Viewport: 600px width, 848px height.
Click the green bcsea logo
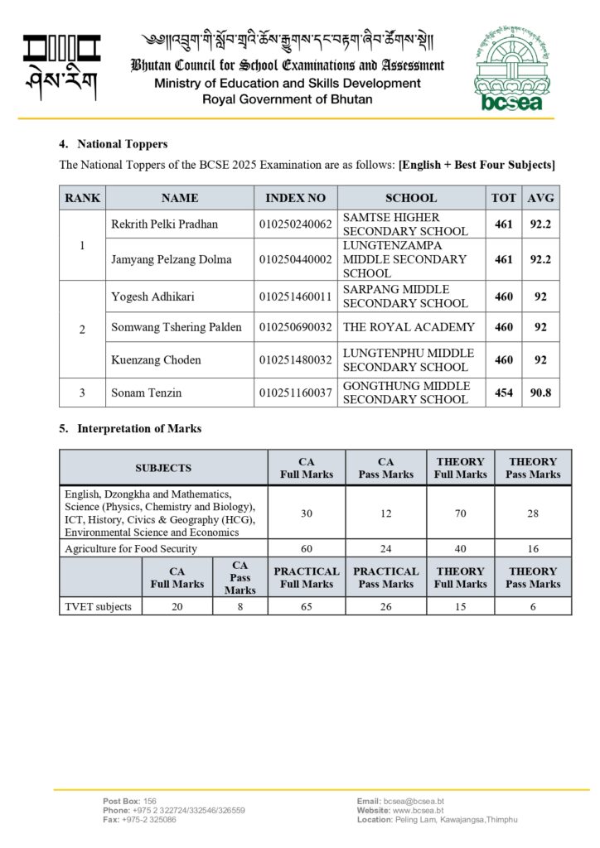(511, 72)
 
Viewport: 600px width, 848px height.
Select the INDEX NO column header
(296, 198)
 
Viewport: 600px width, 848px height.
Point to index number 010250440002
(296, 259)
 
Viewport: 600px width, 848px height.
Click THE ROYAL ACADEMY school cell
(409, 327)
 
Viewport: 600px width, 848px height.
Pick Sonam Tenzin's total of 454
(504, 393)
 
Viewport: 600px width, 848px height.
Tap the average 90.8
(540, 393)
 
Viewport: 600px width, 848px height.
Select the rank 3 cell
(82, 393)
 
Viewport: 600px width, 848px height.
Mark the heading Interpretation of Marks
(138, 429)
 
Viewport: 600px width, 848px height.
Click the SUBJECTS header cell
(163, 468)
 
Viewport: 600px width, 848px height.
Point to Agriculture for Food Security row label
(131, 548)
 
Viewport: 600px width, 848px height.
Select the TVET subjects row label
(99, 606)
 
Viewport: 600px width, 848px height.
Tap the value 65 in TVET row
(307, 606)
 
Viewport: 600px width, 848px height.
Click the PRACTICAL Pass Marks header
(386, 577)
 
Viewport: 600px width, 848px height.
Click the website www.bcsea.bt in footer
(418, 811)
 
